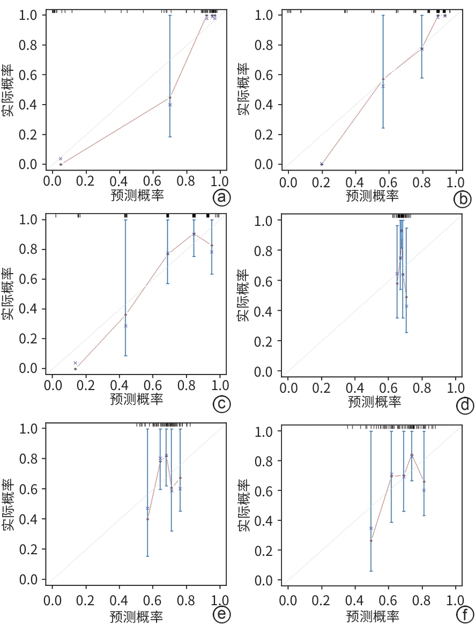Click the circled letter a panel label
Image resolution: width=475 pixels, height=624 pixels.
(x=222, y=198)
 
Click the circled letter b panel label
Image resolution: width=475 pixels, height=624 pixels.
(x=462, y=199)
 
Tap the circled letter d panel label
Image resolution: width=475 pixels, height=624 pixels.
(x=464, y=406)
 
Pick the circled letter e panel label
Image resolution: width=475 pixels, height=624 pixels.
(x=222, y=614)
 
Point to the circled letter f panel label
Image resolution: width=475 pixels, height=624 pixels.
(x=464, y=614)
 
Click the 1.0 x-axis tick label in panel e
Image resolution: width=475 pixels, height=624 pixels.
(x=220, y=598)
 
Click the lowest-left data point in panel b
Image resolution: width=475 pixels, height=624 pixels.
(x=322, y=164)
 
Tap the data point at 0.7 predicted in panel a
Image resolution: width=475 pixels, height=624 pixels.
(x=170, y=98)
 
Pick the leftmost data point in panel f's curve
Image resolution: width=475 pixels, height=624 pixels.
(x=371, y=540)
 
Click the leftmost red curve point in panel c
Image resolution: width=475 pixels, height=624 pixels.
(x=76, y=369)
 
